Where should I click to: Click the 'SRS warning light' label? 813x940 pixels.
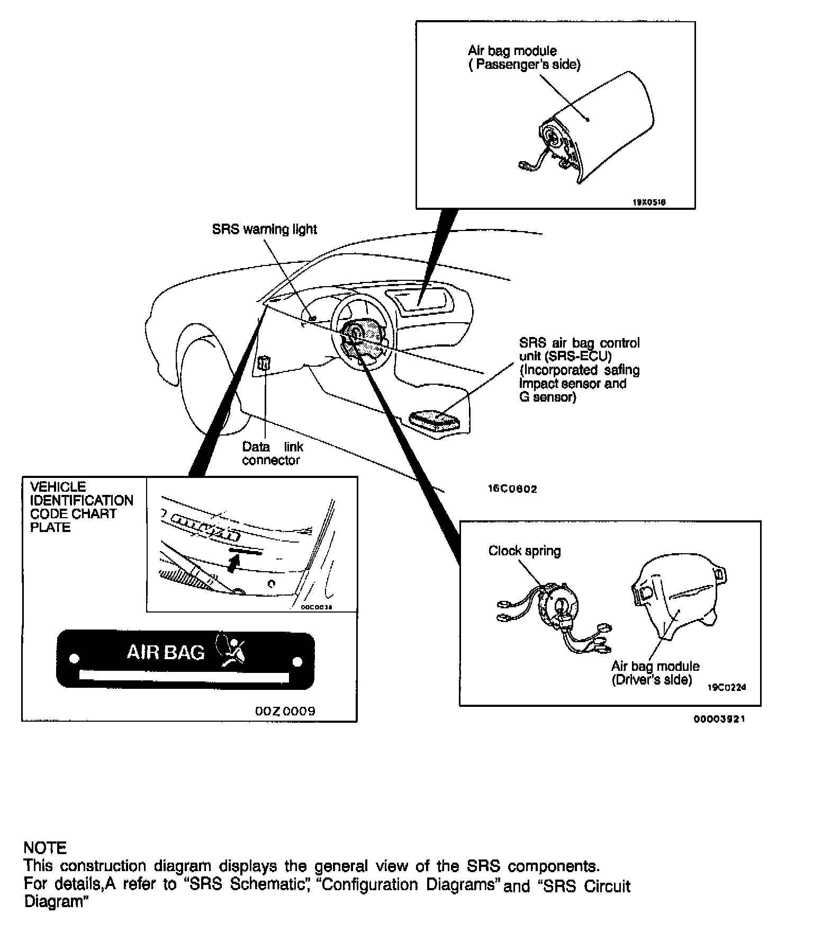coord(264,229)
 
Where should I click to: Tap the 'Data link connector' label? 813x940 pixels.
coord(272,454)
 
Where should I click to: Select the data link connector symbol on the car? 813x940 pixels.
coord(263,363)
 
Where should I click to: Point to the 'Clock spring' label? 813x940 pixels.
coord(524,551)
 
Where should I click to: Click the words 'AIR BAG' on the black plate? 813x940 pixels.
coord(166,652)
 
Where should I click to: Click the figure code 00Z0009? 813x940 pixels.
coord(285,711)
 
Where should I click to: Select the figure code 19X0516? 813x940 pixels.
coord(649,202)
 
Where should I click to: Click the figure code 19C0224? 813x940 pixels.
coord(726,688)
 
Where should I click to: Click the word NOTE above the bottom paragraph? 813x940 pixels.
coord(45,848)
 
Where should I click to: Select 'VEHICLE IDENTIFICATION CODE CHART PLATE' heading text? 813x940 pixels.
coord(81,507)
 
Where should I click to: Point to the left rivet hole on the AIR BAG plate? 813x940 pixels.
coord(75,659)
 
